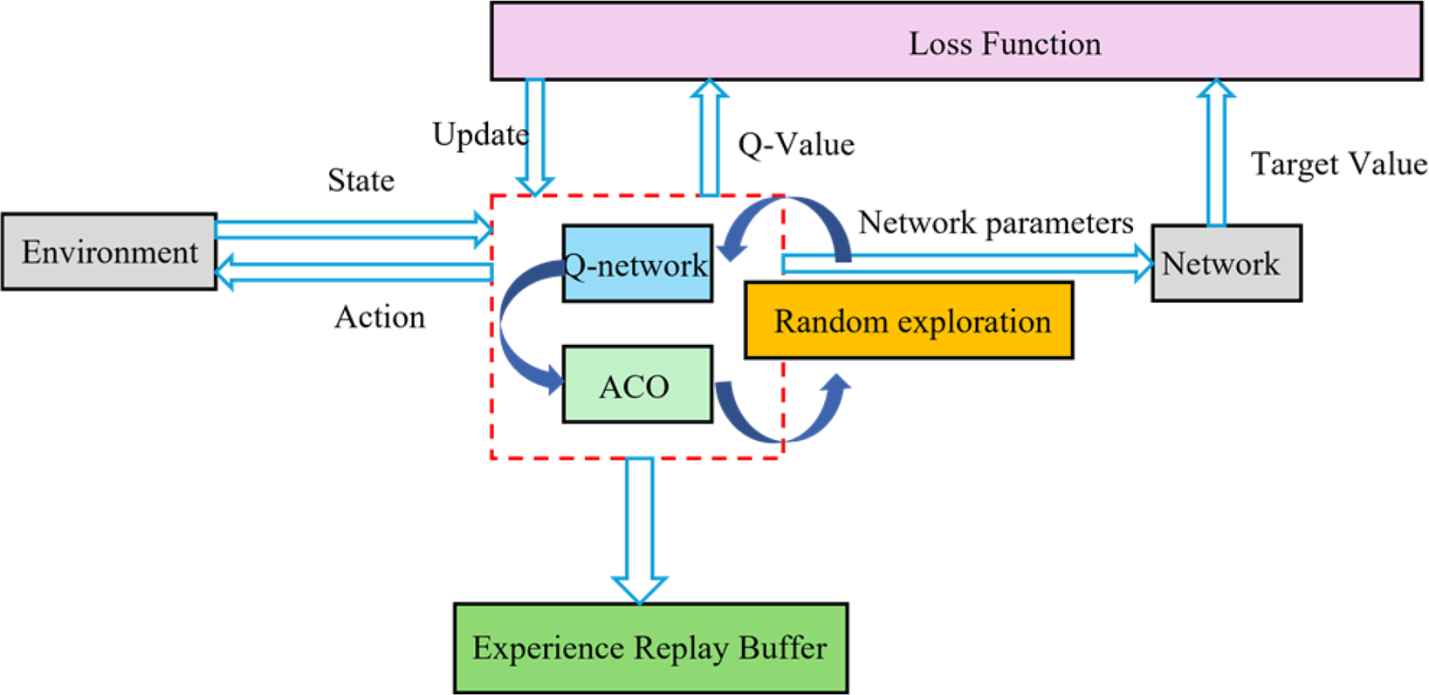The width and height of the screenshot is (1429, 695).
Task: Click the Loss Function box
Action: tap(956, 42)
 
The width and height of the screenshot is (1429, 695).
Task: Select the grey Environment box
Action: tap(109, 251)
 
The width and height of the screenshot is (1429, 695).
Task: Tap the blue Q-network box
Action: tap(637, 264)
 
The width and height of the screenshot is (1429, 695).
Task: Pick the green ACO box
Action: tap(637, 385)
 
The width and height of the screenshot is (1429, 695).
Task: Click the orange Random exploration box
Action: tap(909, 321)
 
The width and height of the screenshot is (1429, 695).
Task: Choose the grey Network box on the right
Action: tap(1226, 264)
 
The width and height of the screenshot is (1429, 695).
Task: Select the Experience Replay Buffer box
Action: tap(650, 648)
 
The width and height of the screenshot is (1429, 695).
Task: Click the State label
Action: tap(361, 181)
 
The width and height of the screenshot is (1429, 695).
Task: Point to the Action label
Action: tap(380, 317)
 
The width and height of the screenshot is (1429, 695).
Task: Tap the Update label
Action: tap(480, 134)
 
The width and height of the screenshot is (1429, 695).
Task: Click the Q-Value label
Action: tap(796, 144)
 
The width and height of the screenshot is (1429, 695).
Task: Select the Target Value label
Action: tap(1338, 163)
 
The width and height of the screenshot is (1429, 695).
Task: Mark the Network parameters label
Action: tap(995, 224)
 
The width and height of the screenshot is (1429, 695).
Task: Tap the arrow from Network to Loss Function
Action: tap(1215, 153)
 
